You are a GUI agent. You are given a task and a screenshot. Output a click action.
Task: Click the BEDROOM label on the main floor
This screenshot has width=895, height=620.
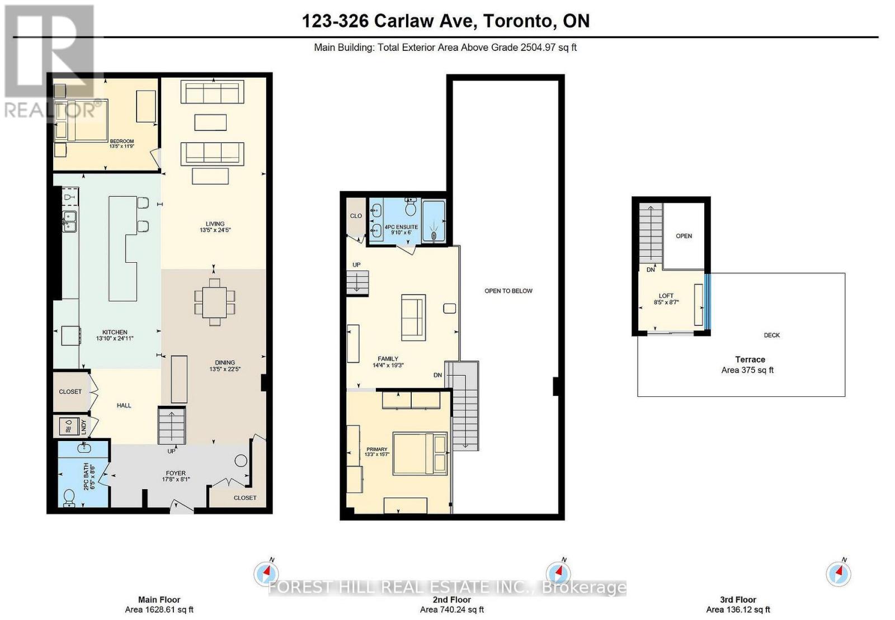coord(121,141)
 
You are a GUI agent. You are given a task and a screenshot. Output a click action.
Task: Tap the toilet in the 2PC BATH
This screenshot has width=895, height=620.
coord(69,496)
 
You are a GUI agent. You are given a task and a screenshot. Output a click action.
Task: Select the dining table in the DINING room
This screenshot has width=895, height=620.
coord(214,302)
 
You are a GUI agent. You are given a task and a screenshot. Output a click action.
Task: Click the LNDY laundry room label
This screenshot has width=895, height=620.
coord(84,428)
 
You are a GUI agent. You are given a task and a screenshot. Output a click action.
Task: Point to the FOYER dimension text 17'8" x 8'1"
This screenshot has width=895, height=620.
coord(176,479)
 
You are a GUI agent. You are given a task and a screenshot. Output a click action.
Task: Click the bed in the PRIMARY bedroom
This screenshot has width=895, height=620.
coord(420,453)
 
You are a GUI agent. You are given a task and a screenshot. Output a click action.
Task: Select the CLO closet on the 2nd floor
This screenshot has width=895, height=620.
coord(356,216)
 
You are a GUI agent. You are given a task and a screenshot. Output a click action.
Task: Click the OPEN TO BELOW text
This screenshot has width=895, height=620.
coord(508,291)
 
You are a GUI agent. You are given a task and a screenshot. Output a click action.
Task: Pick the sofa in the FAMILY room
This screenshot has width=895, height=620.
coord(413,317)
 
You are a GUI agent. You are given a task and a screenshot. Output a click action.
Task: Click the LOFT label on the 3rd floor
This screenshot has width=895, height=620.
coord(666,296)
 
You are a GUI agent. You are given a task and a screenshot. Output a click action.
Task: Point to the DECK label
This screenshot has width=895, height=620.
coord(771,335)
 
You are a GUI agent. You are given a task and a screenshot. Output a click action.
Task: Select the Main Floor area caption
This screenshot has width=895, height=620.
coord(159,604)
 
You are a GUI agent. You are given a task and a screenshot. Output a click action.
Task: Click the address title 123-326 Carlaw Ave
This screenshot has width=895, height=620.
coord(445,21)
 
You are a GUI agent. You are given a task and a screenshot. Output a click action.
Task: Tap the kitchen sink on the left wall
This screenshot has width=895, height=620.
coord(69,221)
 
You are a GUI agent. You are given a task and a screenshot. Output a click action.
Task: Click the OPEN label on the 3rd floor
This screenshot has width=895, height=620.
coord(684,236)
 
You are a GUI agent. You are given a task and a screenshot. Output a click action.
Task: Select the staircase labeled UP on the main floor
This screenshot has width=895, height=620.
coord(171,426)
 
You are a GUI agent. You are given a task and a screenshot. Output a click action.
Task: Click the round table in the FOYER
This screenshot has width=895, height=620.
coord(241,461)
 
